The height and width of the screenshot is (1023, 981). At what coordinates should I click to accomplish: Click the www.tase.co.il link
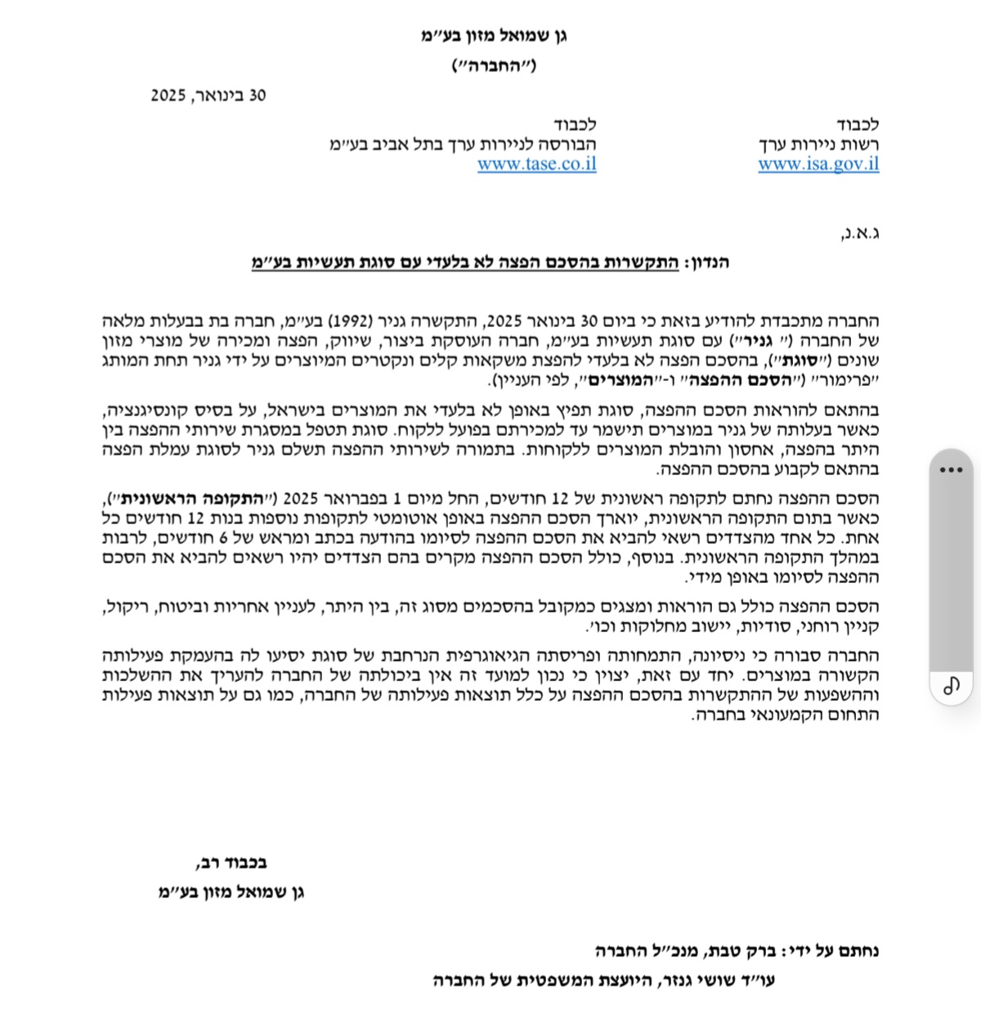[536, 164]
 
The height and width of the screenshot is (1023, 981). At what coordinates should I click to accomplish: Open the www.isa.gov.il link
[818, 164]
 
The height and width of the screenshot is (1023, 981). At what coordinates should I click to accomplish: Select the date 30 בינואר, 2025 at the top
[208, 96]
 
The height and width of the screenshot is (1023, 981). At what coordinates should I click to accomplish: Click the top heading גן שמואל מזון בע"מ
[494, 37]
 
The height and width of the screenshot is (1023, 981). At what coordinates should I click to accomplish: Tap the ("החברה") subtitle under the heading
[494, 66]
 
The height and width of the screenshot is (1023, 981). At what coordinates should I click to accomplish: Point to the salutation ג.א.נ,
[859, 233]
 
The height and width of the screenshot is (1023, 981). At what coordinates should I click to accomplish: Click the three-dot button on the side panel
[951, 470]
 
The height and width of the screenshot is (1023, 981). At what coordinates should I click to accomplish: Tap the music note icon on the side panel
[951, 685]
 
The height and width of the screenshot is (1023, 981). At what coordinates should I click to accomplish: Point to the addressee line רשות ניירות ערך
[818, 145]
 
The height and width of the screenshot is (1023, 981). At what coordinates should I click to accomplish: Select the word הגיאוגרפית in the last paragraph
[533, 656]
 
